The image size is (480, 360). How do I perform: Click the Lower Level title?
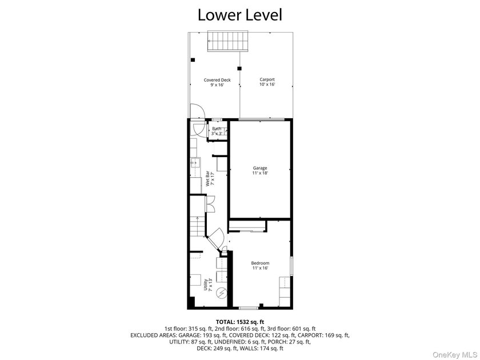239,15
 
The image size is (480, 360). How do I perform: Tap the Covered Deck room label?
217,82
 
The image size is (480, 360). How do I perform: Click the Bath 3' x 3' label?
217,131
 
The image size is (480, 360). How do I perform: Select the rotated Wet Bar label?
210,178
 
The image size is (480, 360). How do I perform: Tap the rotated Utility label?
207,285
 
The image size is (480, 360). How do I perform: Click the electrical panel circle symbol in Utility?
221,293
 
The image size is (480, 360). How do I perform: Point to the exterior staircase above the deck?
228,41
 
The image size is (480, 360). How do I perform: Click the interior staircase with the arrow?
197,226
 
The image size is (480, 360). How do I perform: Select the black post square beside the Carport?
239,68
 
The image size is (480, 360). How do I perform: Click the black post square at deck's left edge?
193,60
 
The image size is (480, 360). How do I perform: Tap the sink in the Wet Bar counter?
195,163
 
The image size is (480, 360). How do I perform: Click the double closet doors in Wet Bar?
210,203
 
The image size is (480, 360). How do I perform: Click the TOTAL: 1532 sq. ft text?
240,322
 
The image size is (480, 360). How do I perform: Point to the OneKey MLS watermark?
454,355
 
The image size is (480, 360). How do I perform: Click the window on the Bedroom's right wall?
291,266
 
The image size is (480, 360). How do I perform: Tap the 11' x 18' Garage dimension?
260,173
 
